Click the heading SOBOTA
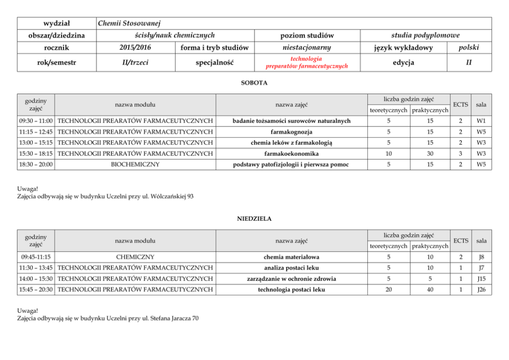coord(254,83)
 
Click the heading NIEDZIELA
coord(254,219)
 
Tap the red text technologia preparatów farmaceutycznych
coord(306,63)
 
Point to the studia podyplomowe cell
coord(425,35)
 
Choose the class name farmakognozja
coord(291,132)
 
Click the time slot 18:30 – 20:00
coord(36,164)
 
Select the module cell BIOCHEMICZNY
coord(135,164)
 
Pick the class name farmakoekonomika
coord(291,154)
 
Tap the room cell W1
coord(481,121)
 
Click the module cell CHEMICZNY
coord(135,257)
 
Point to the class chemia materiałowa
coord(291,257)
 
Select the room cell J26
coord(481,290)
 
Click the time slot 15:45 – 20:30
coord(36,290)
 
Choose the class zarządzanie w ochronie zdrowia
coord(291,279)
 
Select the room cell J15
coord(481,279)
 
